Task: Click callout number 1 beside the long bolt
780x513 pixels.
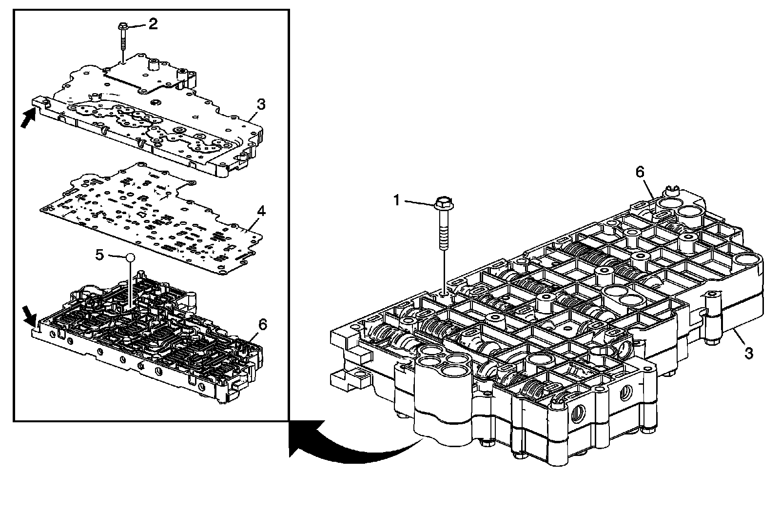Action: [x=397, y=199]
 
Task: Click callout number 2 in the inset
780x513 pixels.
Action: [x=153, y=23]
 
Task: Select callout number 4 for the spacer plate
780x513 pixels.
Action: [x=261, y=211]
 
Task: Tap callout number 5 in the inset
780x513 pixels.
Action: [x=100, y=255]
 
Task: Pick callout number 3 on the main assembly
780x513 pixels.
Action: [x=748, y=352]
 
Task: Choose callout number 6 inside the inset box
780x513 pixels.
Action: [x=262, y=323]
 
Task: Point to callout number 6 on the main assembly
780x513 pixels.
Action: [x=639, y=172]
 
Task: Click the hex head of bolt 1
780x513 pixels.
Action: [x=442, y=202]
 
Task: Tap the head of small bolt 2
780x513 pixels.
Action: [x=122, y=26]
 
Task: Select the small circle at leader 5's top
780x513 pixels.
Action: [x=129, y=257]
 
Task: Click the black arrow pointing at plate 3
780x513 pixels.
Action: [x=28, y=117]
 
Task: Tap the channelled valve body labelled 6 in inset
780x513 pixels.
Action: [x=146, y=336]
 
